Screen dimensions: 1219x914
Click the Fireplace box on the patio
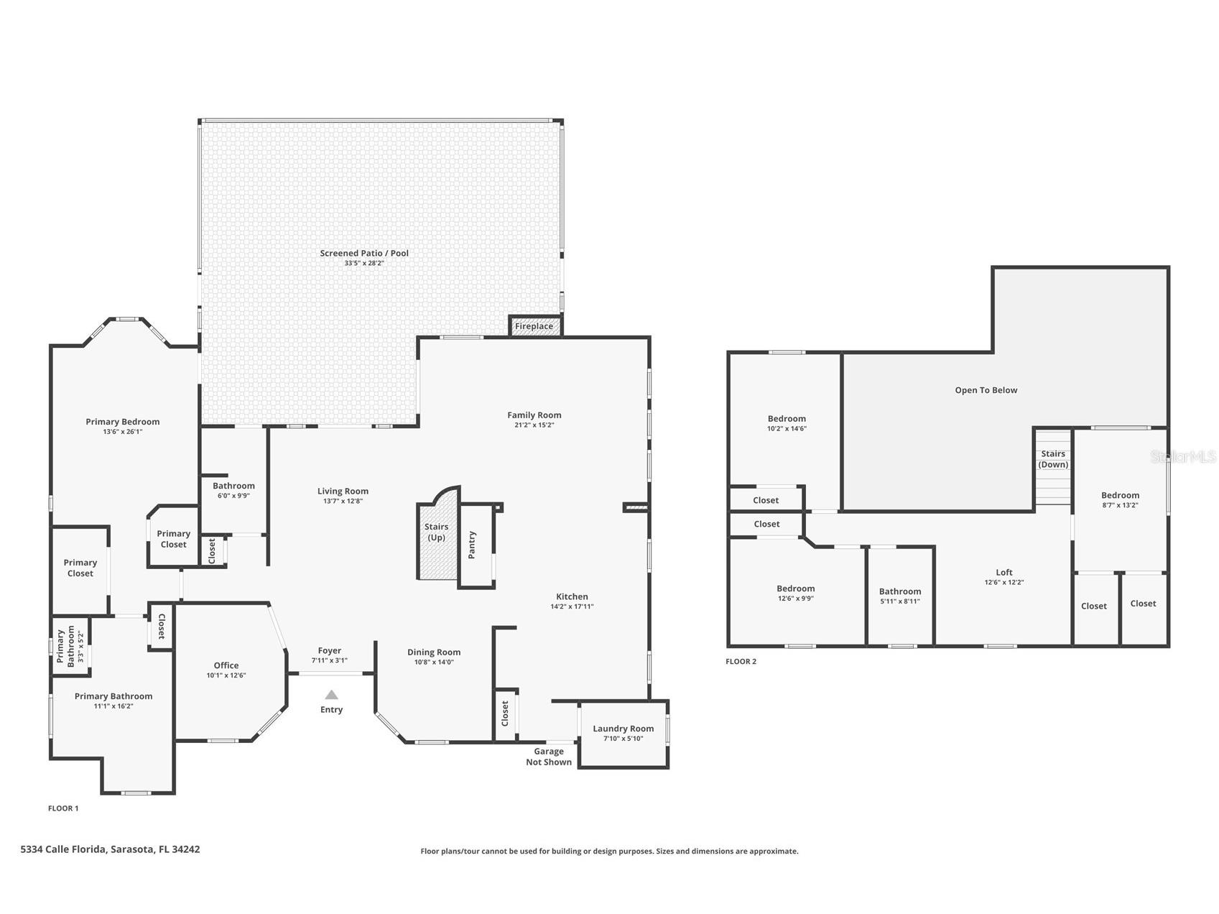coord(535,326)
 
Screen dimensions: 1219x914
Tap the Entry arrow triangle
coord(331,695)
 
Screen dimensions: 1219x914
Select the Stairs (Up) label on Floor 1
coord(436,532)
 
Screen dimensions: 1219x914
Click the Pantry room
coord(476,546)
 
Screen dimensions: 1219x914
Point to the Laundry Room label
coord(624,729)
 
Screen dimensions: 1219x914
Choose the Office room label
coord(226,665)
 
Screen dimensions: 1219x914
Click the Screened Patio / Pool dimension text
coord(364,263)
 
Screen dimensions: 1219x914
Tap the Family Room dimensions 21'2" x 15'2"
coord(534,425)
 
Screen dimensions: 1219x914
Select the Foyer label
coord(330,651)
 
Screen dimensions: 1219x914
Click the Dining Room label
coord(434,652)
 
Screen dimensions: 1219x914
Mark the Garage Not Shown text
coord(549,757)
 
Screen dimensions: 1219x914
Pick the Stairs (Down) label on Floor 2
coord(1053,459)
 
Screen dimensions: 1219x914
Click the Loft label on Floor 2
coord(1004,573)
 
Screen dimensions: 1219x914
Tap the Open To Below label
coord(986,390)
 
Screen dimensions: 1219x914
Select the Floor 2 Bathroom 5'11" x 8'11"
coord(900,596)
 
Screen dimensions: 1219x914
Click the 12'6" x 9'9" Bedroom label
coord(796,593)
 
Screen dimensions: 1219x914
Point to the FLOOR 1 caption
coord(63,808)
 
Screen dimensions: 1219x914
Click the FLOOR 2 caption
coord(741,662)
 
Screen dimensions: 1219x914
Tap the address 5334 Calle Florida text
coord(65,849)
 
